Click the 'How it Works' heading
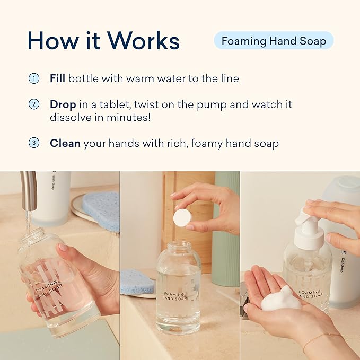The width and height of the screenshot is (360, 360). coord(103,40)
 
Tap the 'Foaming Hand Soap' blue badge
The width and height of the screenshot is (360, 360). coord(274,41)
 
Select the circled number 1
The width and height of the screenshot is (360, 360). coord(34,78)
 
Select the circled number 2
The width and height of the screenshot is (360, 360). coord(34,104)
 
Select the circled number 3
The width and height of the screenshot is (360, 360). coord(34,143)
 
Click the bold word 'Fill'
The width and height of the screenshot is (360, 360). coord(57,78)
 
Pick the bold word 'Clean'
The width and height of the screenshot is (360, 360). coord(65,143)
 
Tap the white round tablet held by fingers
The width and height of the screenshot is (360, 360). coord(182,217)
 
